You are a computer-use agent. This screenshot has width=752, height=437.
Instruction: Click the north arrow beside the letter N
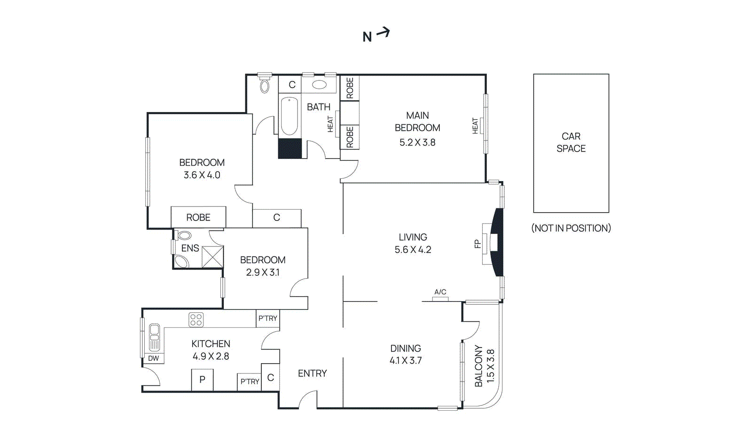point(384,32)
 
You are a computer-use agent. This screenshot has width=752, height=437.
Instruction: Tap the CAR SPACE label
point(571,143)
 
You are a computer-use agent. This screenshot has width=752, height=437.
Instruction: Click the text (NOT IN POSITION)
point(571,228)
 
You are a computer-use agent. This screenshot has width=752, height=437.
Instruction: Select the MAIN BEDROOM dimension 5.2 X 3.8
point(417,143)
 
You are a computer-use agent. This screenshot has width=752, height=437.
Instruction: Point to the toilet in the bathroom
point(265,86)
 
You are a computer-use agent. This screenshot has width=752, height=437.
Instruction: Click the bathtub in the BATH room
point(290,116)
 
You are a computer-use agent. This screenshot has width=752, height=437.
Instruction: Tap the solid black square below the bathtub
point(290,148)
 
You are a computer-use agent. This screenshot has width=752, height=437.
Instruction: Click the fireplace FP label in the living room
point(478,244)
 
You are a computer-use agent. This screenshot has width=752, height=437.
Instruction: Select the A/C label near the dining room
point(440,292)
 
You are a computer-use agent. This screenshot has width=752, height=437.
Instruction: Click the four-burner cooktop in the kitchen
point(196,320)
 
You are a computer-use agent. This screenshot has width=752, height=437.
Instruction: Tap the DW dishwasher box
point(154,358)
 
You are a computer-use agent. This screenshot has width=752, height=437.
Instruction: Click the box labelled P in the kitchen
point(202,380)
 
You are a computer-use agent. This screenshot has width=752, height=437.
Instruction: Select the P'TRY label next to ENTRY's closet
point(250,381)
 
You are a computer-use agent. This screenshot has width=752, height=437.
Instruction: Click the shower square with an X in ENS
point(212,257)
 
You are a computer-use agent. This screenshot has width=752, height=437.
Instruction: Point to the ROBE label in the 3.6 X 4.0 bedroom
point(198,217)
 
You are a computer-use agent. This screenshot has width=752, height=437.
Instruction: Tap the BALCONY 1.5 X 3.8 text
point(484,366)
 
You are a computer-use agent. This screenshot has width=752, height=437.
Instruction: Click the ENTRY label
point(313,373)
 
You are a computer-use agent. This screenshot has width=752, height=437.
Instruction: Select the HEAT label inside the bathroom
point(330,124)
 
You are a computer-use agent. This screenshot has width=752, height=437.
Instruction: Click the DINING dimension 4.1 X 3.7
point(406,361)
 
